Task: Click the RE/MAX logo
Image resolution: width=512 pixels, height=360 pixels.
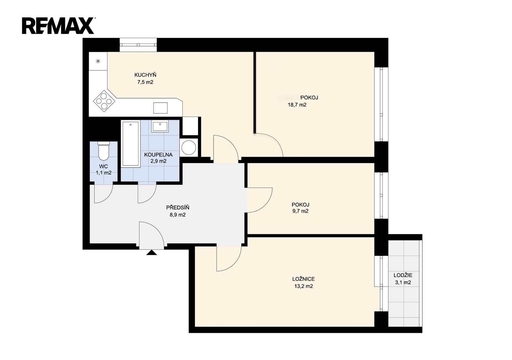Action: (59, 26)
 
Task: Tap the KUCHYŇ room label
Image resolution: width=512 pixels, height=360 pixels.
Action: (145, 75)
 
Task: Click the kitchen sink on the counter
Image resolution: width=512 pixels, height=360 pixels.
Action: (160, 108)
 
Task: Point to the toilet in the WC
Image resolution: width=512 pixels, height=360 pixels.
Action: (104, 151)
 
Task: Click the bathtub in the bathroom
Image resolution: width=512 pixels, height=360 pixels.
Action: (131, 144)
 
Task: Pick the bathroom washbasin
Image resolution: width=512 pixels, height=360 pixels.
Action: (160, 126)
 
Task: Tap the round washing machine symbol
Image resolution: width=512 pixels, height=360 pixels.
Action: (188, 147)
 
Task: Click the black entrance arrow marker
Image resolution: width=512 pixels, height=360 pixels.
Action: (152, 252)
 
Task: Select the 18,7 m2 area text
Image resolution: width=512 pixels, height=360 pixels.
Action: (297, 105)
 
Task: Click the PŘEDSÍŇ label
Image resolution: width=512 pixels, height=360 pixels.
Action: (178, 207)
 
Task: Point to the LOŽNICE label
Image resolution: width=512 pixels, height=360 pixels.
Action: (303, 279)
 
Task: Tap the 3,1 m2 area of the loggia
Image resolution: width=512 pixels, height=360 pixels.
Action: (403, 283)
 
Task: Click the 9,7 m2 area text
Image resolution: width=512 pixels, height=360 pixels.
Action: (300, 211)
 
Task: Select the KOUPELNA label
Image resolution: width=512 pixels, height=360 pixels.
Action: (158, 155)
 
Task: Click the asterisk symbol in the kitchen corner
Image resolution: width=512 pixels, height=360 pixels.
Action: (98, 61)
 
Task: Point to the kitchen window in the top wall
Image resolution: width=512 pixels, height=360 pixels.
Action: (138, 45)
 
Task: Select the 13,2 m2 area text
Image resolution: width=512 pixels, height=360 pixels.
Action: (304, 286)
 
